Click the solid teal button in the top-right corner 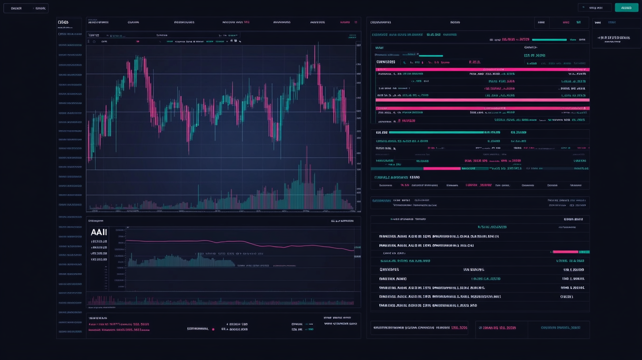(626, 7)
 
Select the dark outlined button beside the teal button (594, 7)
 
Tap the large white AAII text (99, 232)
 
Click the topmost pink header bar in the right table (482, 69)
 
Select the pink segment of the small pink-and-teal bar (565, 252)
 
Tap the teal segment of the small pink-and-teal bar (584, 252)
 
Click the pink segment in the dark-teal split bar (442, 168)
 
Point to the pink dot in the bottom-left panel (213, 329)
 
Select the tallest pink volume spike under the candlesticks (306, 176)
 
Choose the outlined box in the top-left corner (26, 8)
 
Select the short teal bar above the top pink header (430, 56)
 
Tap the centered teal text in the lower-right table (492, 227)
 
